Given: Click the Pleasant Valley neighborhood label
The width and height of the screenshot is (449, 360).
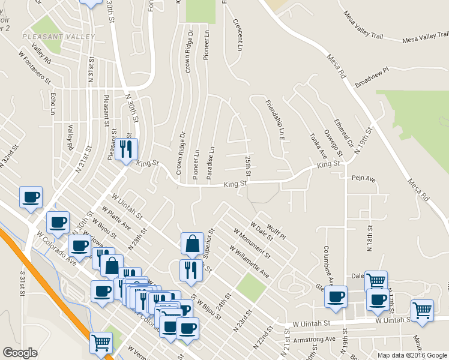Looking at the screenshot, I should pyautogui.click(x=58, y=37).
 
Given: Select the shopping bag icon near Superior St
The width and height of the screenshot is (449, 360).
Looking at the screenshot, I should pyautogui.click(x=191, y=243).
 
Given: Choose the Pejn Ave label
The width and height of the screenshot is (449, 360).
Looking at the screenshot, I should pyautogui.click(x=363, y=179).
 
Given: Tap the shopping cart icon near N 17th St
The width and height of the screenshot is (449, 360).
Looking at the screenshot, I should pyautogui.click(x=376, y=280).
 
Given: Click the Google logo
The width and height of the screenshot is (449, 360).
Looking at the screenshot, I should pyautogui.click(x=20, y=353).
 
